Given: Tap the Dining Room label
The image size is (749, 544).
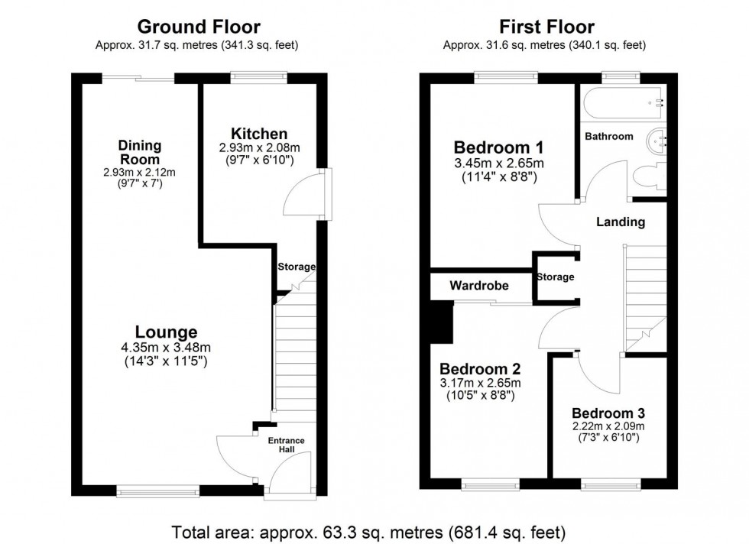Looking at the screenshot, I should click(x=139, y=152).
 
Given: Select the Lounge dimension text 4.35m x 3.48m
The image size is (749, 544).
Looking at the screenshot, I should click(x=166, y=348).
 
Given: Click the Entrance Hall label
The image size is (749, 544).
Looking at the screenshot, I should click(x=286, y=445).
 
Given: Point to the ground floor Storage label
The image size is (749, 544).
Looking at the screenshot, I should click(x=296, y=267).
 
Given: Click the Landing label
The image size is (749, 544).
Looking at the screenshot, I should click(x=621, y=222).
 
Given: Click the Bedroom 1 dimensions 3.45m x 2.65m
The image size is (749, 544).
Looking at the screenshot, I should click(x=498, y=164).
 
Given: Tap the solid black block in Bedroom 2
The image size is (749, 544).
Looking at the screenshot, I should click(x=441, y=321).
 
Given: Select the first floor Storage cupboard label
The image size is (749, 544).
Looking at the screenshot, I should click(x=555, y=277).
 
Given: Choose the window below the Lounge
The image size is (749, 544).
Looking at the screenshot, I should click(x=157, y=491).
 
